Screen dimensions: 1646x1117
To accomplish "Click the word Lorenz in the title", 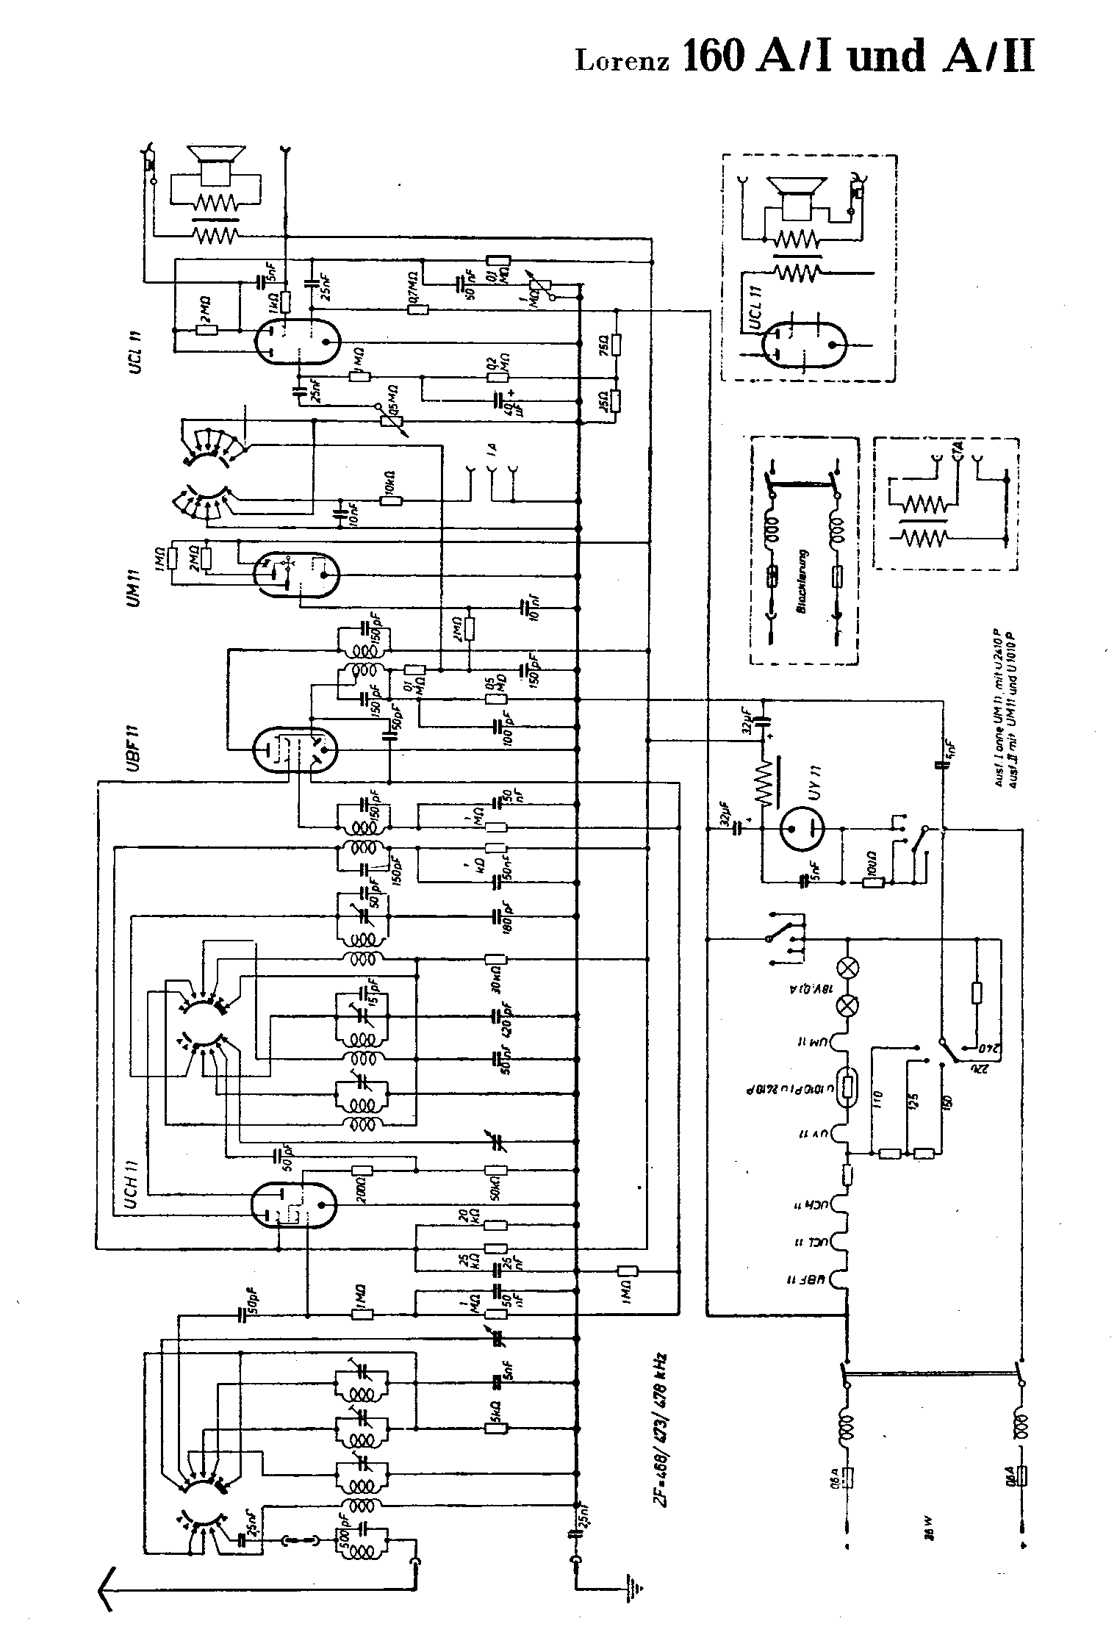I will pos(622,60).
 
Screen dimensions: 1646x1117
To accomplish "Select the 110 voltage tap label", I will pos(880,1100).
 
